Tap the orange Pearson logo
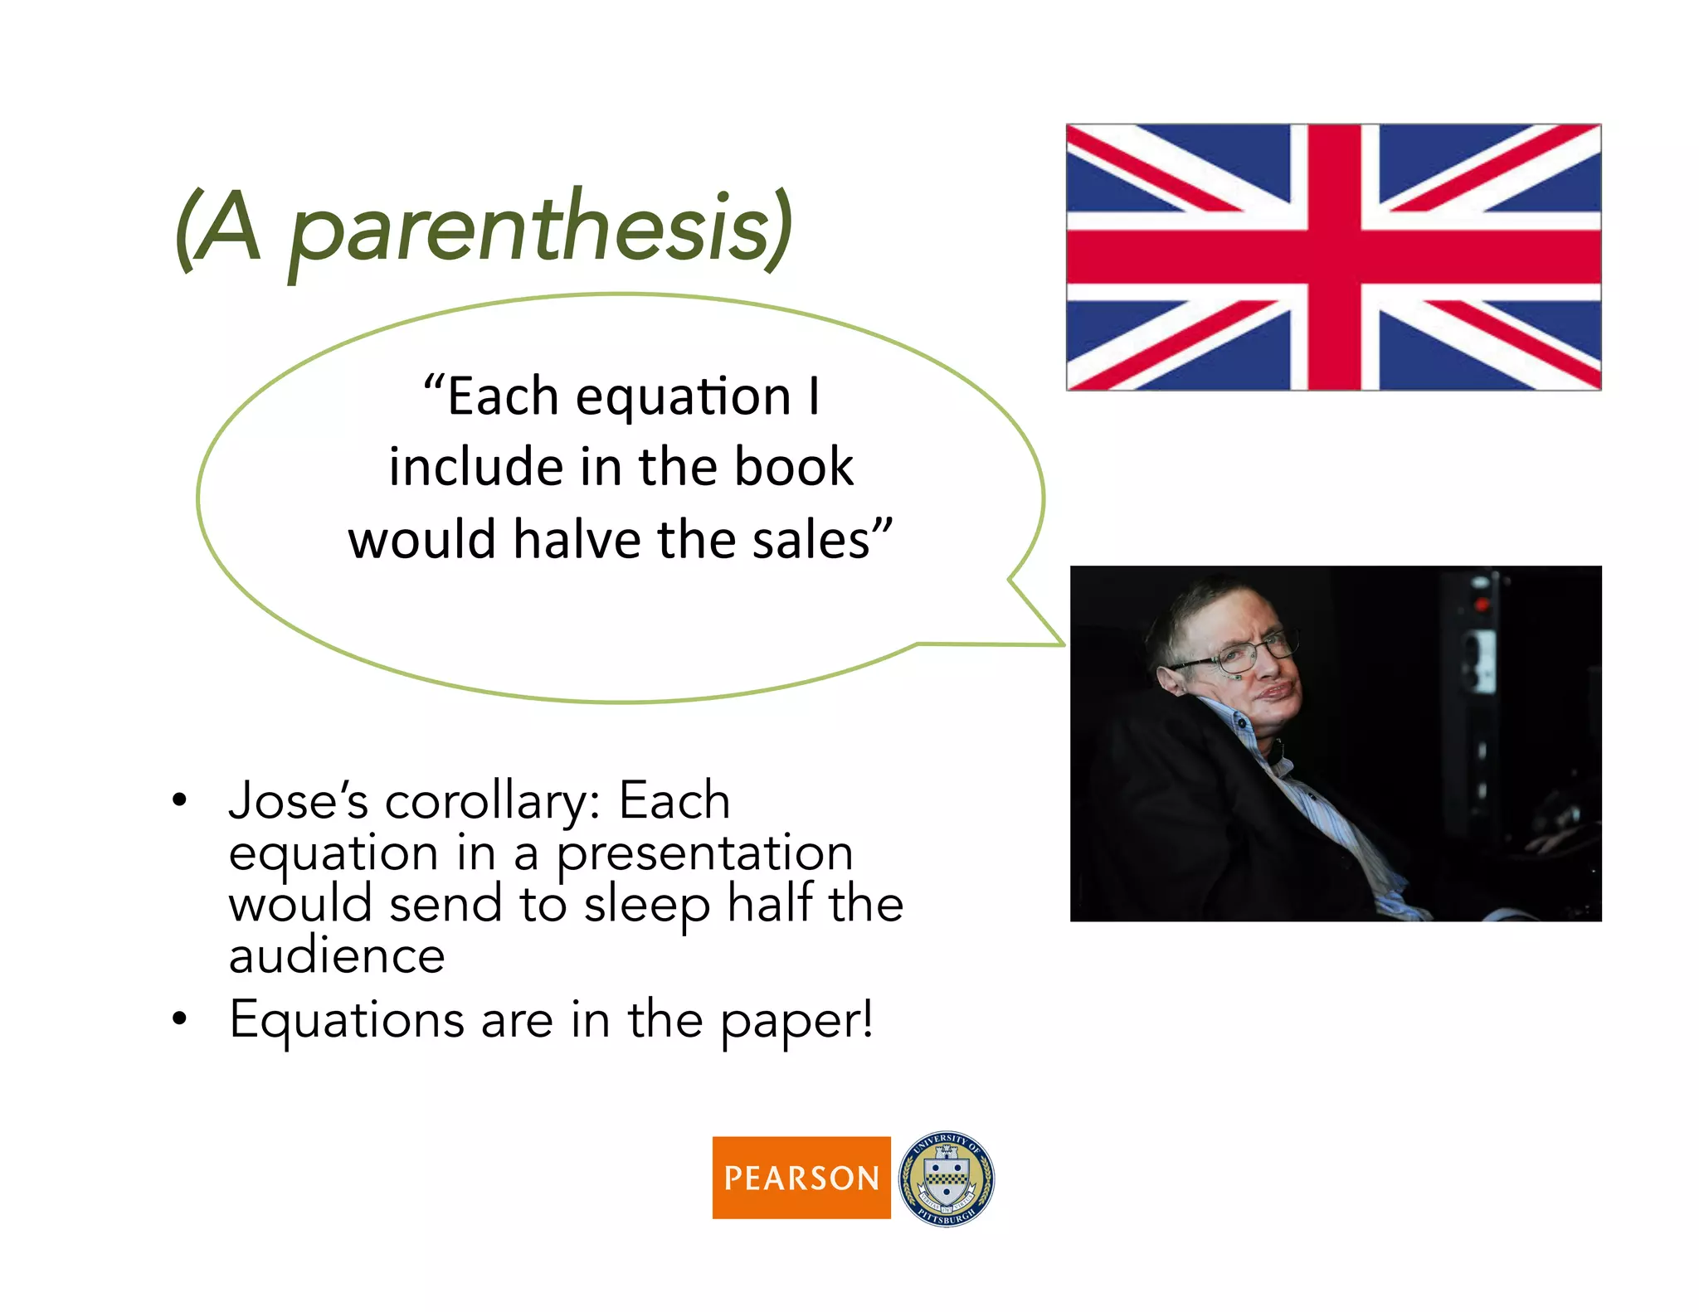pyautogui.click(x=801, y=1177)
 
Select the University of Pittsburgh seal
pyautogui.click(x=947, y=1178)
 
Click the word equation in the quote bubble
pyautogui.click(x=683, y=396)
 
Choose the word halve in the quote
pyautogui.click(x=577, y=540)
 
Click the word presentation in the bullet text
pyautogui.click(x=704, y=854)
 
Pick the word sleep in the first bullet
pyautogui.click(x=647, y=906)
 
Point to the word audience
pyautogui.click(x=337, y=956)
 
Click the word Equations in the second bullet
pyautogui.click(x=346, y=1020)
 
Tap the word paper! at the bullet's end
pyautogui.click(x=796, y=1020)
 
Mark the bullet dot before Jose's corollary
pyautogui.click(x=179, y=801)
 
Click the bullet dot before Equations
pyautogui.click(x=179, y=1019)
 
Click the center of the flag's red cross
pyautogui.click(x=1334, y=256)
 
